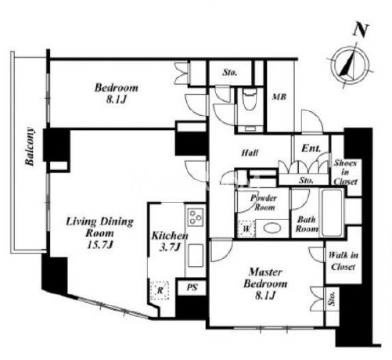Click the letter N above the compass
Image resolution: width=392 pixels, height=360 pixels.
[361, 31]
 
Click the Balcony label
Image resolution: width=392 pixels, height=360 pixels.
[30, 146]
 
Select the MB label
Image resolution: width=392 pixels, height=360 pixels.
[279, 97]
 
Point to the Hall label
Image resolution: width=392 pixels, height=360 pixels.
[250, 153]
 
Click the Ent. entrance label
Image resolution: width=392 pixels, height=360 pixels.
[311, 148]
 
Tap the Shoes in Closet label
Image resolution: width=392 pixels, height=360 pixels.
[345, 172]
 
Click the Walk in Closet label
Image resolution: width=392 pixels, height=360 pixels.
[343, 261]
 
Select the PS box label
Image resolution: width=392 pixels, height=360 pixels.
[192, 287]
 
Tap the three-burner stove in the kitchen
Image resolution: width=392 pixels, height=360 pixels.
[196, 217]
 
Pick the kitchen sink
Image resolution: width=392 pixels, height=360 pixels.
[196, 255]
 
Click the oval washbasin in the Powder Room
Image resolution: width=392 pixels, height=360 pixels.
[272, 229]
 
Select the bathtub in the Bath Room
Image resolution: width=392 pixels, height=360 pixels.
[332, 213]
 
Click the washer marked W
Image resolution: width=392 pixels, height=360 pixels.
[246, 229]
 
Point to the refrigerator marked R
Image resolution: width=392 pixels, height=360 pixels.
[160, 290]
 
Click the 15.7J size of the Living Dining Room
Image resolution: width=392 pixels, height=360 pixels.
[99, 245]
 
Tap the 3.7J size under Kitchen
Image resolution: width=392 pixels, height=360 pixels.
[170, 247]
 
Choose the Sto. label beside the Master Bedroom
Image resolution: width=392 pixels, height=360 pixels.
[332, 299]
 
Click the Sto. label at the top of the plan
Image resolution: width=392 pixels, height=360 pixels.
[230, 72]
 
